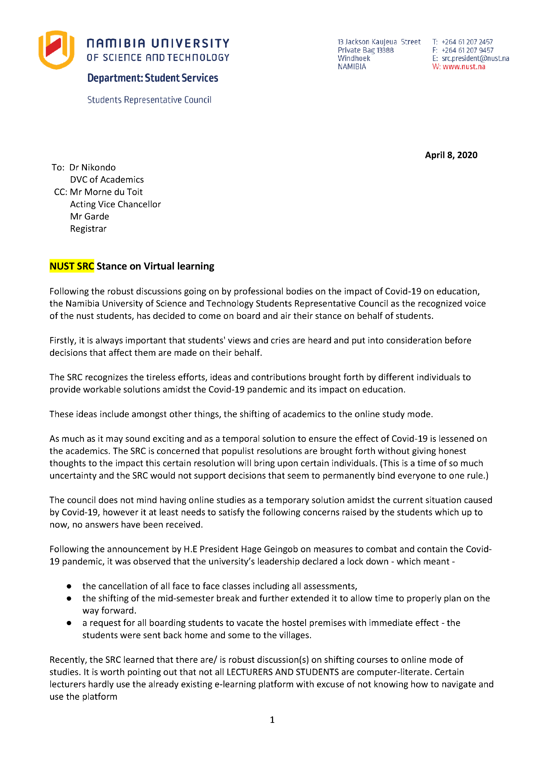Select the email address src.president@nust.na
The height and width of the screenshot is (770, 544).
[475, 58]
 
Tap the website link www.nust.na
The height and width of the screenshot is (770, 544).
[464, 67]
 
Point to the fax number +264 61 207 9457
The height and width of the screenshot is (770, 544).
[467, 50]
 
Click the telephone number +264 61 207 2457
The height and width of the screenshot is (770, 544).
[467, 42]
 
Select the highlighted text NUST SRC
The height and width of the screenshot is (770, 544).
[72, 266]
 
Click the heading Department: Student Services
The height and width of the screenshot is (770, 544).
[153, 78]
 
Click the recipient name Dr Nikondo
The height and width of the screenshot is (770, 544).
[93, 167]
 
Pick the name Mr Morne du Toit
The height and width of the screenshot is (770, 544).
[106, 192]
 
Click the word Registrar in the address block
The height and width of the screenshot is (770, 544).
[88, 229]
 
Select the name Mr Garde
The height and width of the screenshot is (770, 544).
[90, 216]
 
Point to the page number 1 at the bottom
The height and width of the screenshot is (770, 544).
[272, 720]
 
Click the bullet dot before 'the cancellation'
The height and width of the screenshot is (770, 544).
[69, 586]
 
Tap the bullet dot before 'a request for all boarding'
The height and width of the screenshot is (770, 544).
[69, 623]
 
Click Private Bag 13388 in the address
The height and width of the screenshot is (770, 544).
[365, 50]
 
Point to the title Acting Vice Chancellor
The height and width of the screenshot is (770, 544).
[115, 204]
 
